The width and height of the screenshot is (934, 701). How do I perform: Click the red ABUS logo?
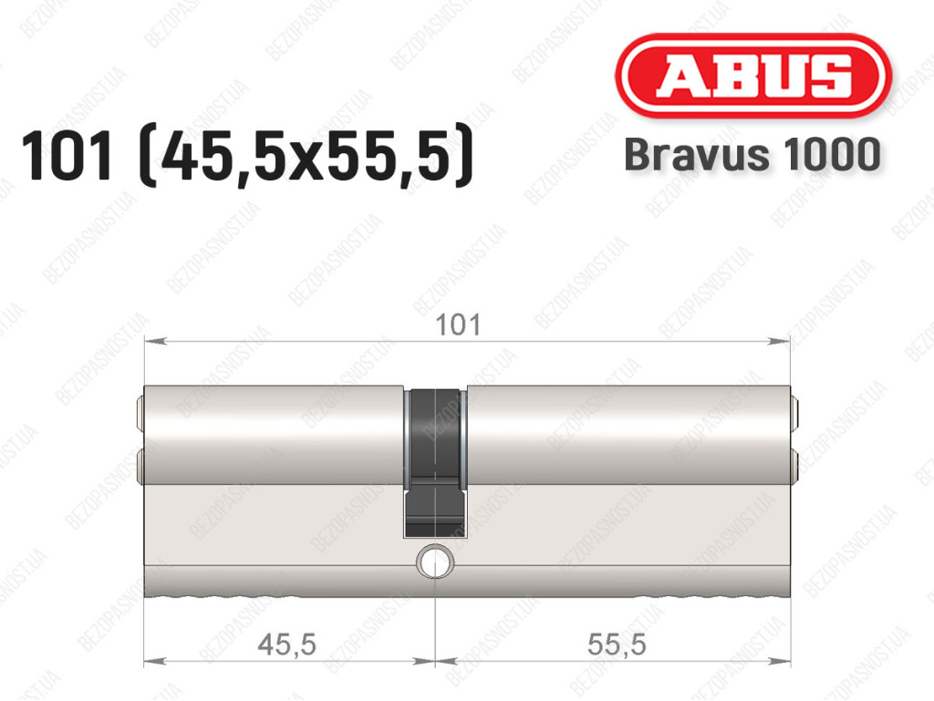[x=752, y=76]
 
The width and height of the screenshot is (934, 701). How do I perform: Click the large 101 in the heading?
[x=67, y=156]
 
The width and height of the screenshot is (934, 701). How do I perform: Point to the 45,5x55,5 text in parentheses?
[x=306, y=156]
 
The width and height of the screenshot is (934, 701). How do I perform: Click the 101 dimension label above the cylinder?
[x=458, y=325]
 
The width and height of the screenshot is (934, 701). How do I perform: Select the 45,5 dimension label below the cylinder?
[x=286, y=644]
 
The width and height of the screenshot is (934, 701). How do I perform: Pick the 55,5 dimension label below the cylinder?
[x=617, y=644]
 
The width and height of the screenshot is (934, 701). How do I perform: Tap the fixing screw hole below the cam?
[x=435, y=561]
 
